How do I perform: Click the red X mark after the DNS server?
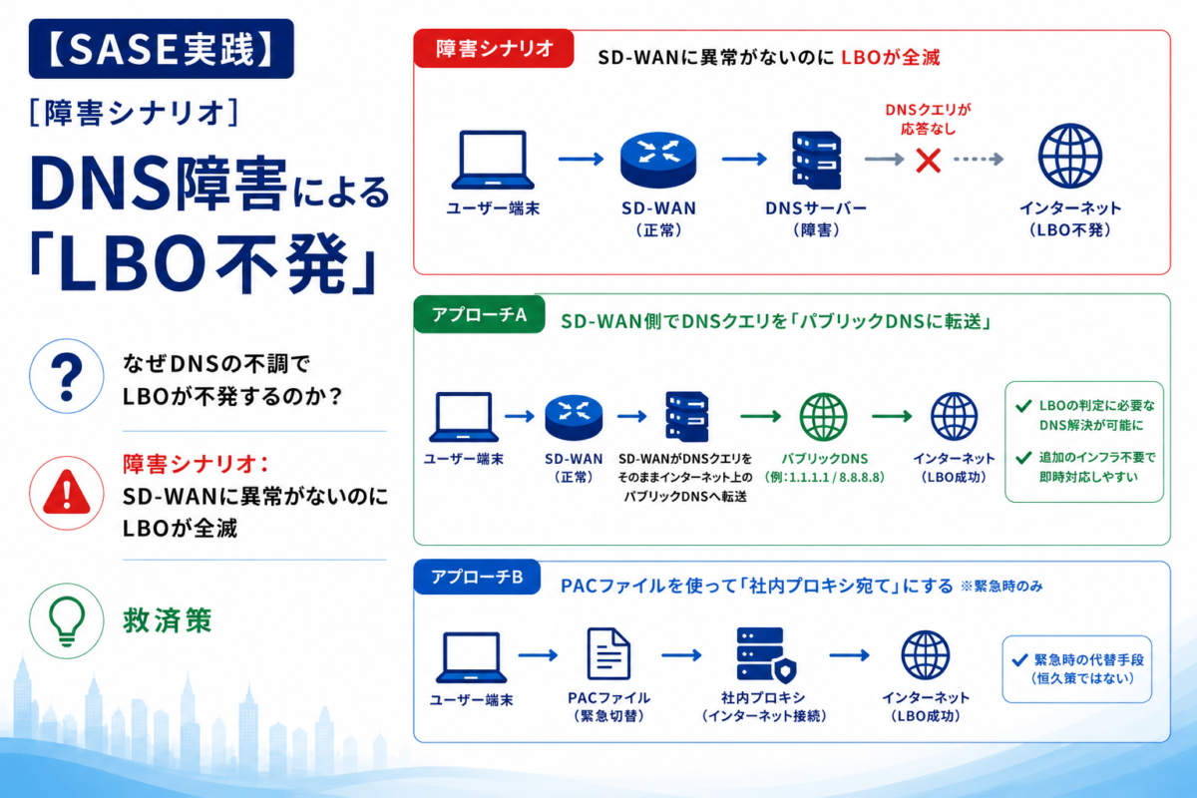tap(929, 161)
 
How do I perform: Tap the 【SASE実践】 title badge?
tap(162, 49)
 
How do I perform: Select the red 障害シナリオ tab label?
tap(494, 49)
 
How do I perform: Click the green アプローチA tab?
tap(480, 315)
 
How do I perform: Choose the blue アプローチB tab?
tap(477, 578)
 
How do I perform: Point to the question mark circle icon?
tap(66, 376)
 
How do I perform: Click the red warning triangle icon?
tap(66, 493)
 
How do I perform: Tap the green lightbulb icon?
tap(66, 620)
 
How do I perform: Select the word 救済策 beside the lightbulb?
tap(168, 620)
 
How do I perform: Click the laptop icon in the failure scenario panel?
tap(493, 160)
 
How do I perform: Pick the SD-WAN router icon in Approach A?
tap(574, 417)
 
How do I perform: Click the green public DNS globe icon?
tap(823, 417)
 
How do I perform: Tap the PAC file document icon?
tap(608, 654)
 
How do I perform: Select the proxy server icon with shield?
tap(766, 655)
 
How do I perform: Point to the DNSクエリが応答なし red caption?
tap(929, 119)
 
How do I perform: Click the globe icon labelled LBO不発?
tap(1069, 156)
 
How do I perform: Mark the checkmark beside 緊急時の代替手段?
tap(1019, 660)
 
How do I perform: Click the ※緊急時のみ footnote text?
tap(1001, 587)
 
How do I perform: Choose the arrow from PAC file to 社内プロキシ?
tap(681, 655)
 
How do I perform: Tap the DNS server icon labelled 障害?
tap(816, 161)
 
